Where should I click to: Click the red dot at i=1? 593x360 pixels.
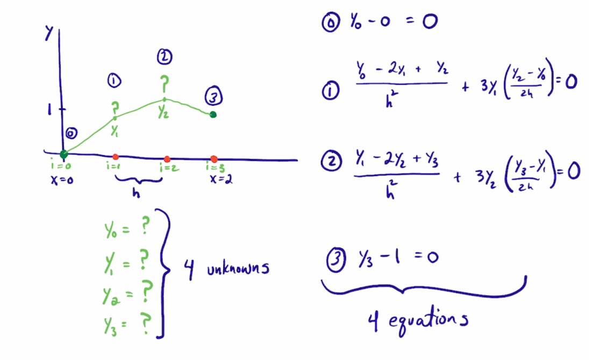[x=116, y=156]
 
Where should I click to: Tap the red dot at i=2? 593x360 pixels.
[x=167, y=159]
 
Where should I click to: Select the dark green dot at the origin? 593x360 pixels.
[x=64, y=154]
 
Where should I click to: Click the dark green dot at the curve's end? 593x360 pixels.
[x=213, y=114]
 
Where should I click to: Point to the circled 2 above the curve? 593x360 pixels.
[x=165, y=57]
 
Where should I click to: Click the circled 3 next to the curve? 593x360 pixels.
[x=213, y=96]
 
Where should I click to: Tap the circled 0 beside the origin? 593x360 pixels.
[x=71, y=133]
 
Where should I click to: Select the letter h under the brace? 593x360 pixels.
[x=137, y=193]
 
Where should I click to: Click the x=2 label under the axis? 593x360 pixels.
[x=222, y=179]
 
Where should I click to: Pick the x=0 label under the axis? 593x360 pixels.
[x=62, y=181]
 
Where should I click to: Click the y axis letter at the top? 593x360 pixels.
[x=48, y=33]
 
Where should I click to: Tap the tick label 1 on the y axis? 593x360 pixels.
[x=49, y=110]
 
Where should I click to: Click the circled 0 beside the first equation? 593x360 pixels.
[x=331, y=23]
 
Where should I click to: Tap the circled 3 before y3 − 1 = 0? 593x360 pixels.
[x=336, y=261]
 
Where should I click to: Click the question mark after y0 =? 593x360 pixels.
[x=145, y=227]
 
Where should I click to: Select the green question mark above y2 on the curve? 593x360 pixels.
[x=165, y=84]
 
